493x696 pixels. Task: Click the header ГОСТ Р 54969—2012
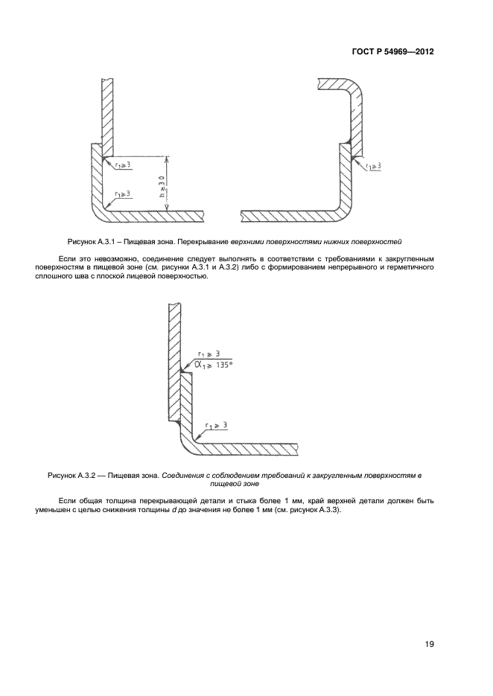393,53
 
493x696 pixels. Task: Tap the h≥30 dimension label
160,183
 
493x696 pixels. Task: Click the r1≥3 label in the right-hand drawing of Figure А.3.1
370,166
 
